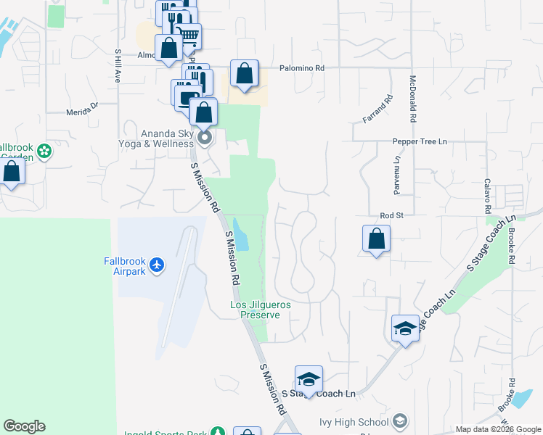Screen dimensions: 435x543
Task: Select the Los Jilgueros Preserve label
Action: [261, 310]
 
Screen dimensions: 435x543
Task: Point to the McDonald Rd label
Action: [412, 99]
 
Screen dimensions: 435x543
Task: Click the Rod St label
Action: [391, 215]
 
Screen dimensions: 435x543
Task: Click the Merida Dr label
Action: [82, 108]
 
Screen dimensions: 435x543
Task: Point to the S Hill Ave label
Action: [117, 66]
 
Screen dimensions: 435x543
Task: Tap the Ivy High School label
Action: [354, 422]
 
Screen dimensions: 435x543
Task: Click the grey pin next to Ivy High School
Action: [400, 421]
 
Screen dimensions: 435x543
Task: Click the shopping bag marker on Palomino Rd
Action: [245, 73]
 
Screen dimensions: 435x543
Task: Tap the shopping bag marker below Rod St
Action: [376, 239]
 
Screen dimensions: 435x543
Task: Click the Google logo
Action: [24, 426]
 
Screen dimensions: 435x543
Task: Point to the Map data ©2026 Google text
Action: [498, 429]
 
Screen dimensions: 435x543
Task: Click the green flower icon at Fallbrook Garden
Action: [45, 152]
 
